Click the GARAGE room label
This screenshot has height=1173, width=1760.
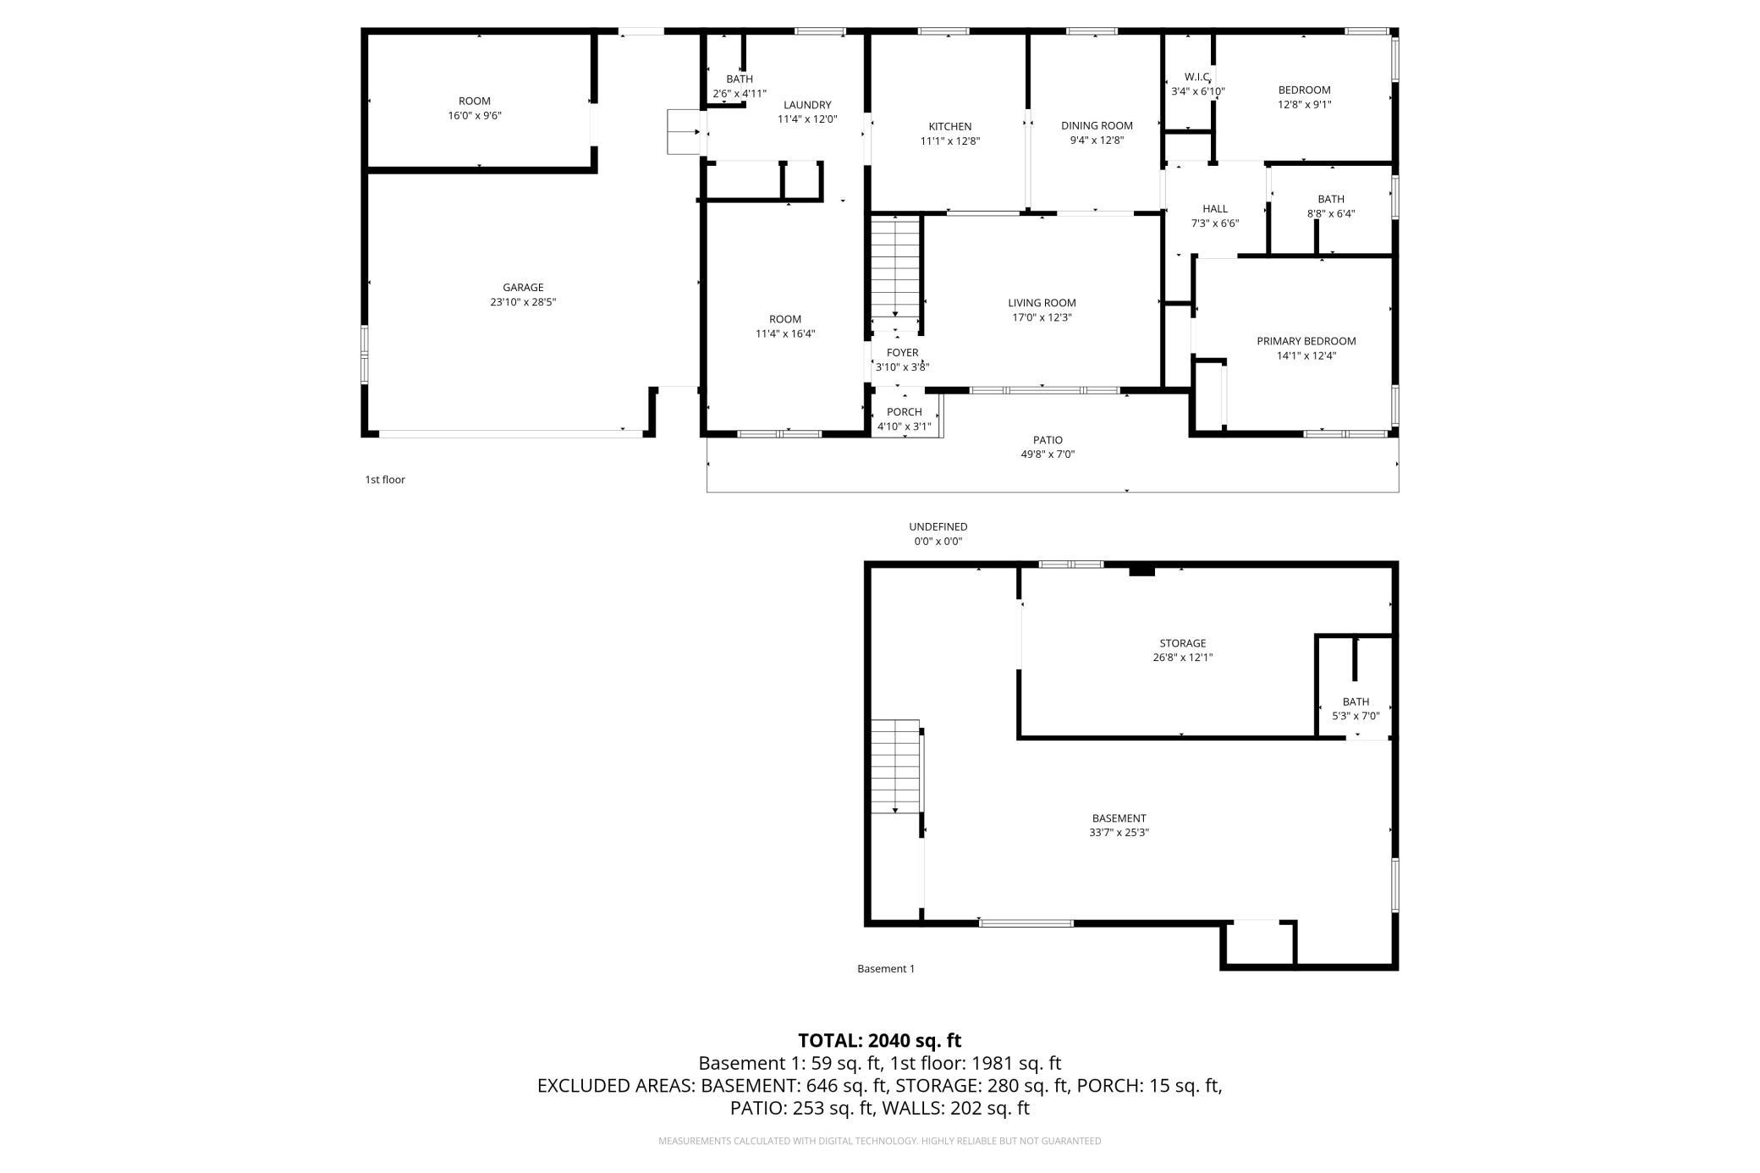[523, 288]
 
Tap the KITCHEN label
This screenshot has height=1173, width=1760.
[950, 127]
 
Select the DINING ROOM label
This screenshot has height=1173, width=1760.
[1097, 125]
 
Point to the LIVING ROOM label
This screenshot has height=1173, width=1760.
[1042, 303]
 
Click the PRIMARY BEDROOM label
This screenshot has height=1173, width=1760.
[1306, 341]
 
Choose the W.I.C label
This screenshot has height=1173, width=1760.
[1197, 77]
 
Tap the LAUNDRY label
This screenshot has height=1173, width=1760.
[807, 105]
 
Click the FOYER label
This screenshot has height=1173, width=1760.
[902, 353]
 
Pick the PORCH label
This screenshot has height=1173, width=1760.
[904, 412]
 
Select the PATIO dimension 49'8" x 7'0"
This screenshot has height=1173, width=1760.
[1048, 454]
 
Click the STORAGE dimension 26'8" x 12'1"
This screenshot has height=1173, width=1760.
[1182, 658]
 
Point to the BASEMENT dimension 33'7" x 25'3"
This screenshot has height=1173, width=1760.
[1119, 833]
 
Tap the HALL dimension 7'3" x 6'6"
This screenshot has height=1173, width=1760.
[1214, 223]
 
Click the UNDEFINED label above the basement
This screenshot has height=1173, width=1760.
[938, 526]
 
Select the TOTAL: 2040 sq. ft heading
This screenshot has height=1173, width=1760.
[879, 1040]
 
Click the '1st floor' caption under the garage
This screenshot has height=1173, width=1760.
[385, 480]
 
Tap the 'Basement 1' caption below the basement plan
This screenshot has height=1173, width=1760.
[886, 969]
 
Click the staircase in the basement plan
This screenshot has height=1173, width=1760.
[896, 767]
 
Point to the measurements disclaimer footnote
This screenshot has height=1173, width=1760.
[880, 1141]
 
